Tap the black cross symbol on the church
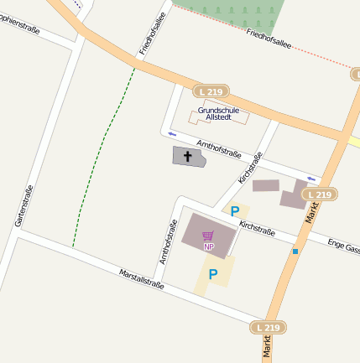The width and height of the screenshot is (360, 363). (188, 156)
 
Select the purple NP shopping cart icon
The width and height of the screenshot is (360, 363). (209, 236)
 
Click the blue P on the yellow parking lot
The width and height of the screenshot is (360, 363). (213, 274)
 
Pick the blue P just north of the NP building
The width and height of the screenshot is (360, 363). (235, 212)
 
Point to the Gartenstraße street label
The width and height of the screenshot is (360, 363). (23, 206)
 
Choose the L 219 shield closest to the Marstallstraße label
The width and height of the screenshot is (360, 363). (267, 327)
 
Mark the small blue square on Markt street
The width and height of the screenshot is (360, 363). (295, 251)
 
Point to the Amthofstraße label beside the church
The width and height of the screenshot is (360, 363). (219, 149)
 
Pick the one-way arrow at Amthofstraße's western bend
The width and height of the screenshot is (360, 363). (173, 133)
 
